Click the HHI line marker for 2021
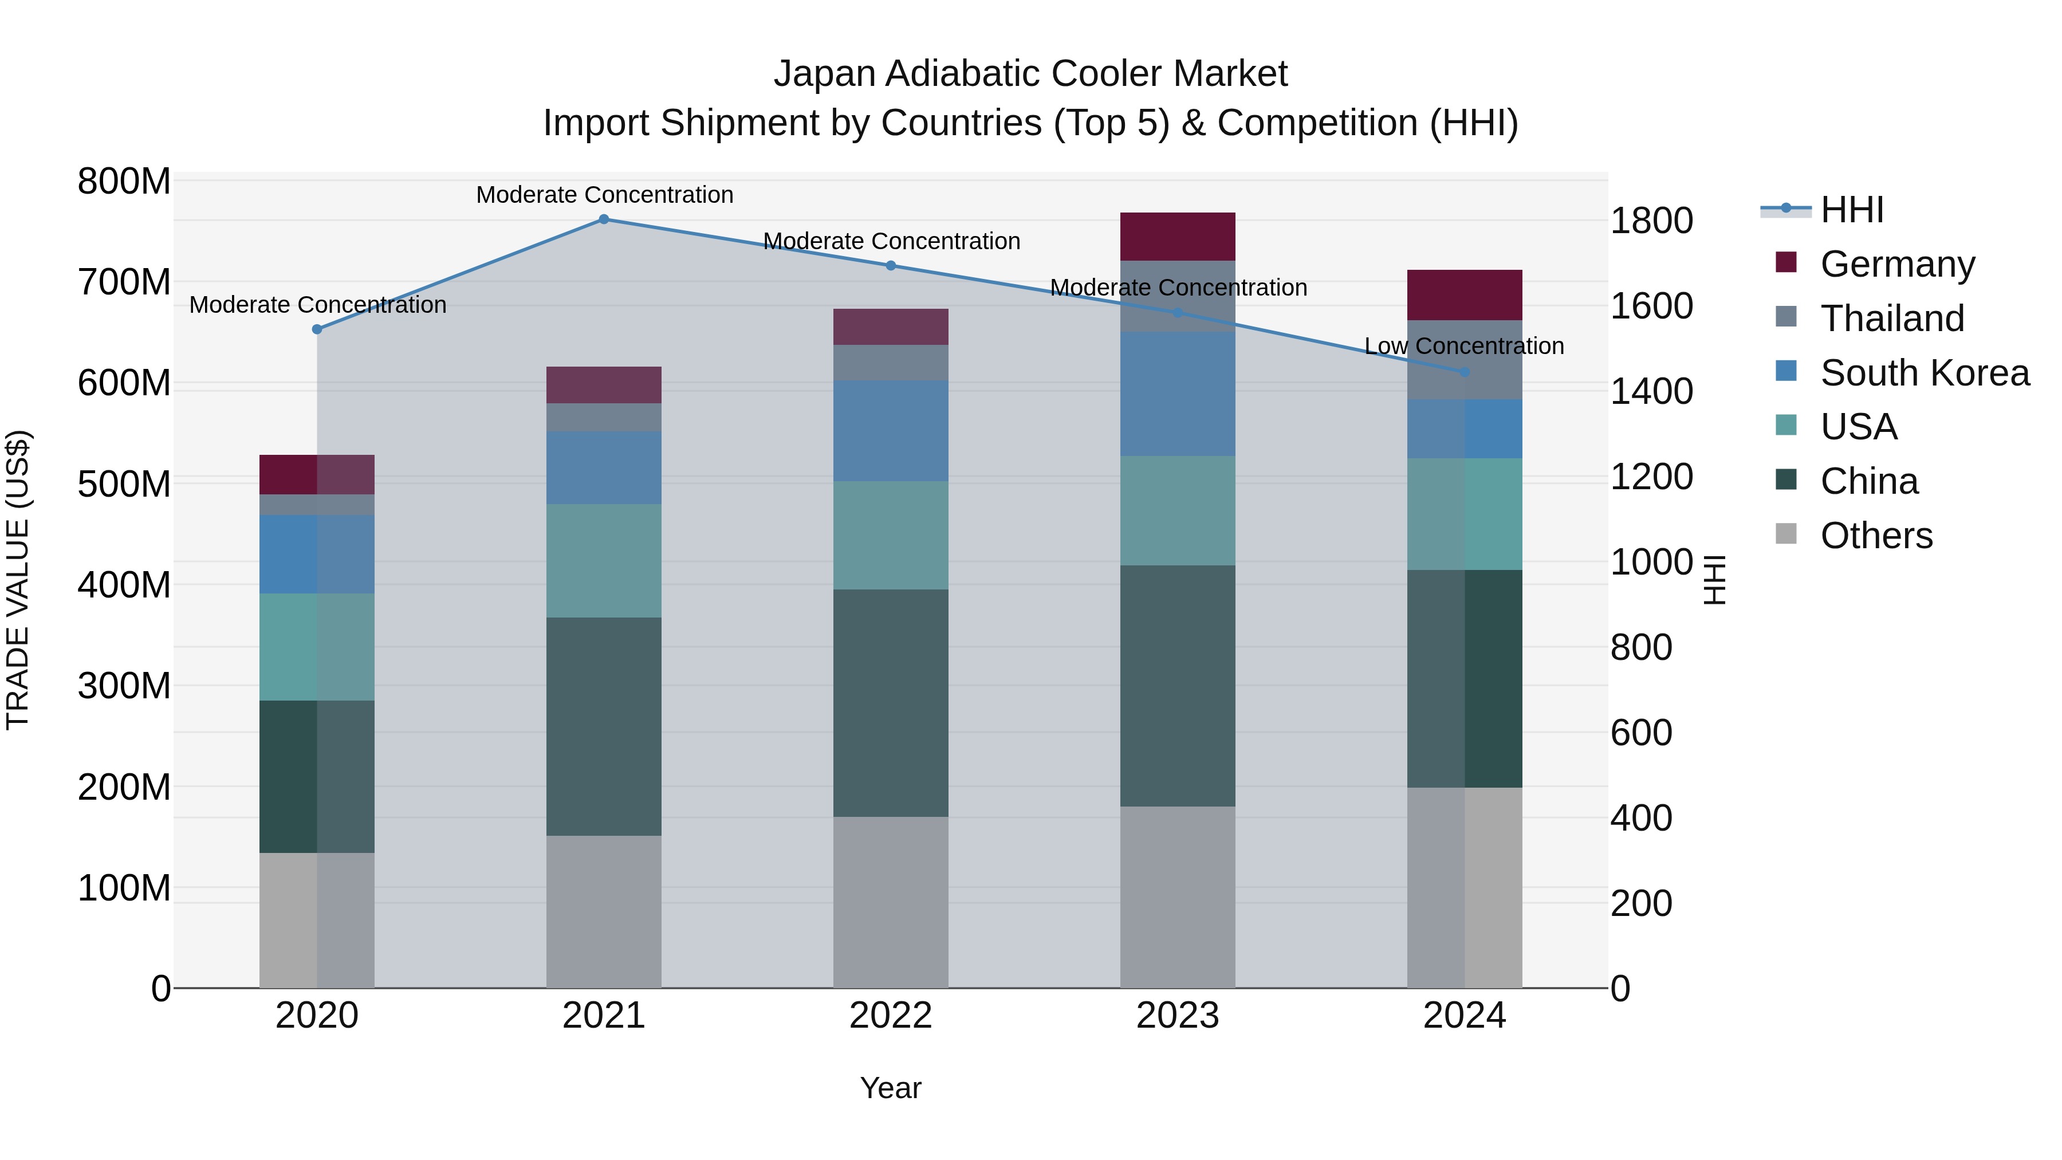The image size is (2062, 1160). (604, 219)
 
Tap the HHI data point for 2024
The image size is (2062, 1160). (1465, 372)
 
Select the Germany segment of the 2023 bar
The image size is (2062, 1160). (1178, 237)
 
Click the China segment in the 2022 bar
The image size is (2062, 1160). (891, 703)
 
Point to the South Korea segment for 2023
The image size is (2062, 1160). (1178, 394)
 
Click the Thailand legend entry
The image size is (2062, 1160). (1892, 318)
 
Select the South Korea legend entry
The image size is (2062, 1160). (1925, 373)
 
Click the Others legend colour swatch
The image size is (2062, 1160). (1786, 534)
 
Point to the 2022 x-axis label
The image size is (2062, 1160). (891, 1016)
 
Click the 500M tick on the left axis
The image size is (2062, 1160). (124, 484)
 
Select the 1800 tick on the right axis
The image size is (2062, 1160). (1651, 221)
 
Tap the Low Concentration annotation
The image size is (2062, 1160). (1464, 347)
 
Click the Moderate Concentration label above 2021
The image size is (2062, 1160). (604, 195)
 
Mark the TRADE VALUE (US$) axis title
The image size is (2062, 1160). (18, 580)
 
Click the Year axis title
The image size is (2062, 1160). (891, 1088)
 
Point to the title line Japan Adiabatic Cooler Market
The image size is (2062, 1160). (1030, 74)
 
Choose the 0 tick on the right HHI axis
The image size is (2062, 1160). (1620, 989)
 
